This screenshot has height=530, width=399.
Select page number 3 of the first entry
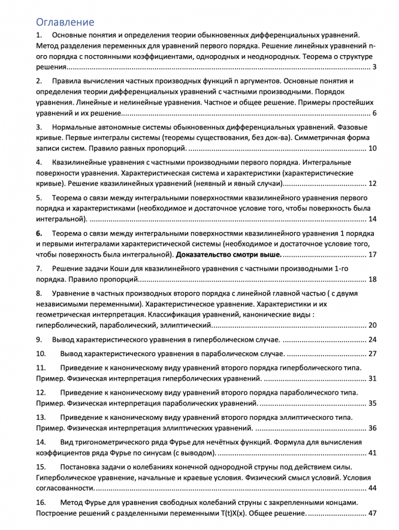(x=374, y=67)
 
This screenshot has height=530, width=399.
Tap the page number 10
(x=372, y=149)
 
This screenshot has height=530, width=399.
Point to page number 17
(x=372, y=254)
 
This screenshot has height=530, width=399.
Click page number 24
(x=372, y=339)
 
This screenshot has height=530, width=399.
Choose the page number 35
(x=372, y=403)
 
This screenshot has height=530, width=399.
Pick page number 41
(x=372, y=453)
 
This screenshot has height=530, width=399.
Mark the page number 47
(x=372, y=513)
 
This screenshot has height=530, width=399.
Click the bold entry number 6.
(x=39, y=233)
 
